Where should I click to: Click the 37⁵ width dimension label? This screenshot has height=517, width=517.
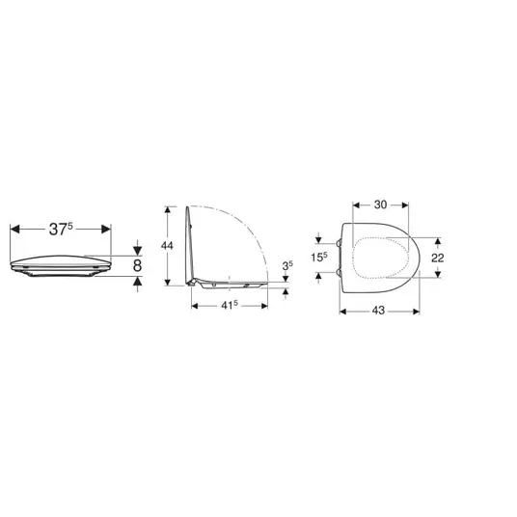[61, 229]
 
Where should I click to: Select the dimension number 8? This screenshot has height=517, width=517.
[138, 266]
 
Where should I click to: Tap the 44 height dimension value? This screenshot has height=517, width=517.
[167, 246]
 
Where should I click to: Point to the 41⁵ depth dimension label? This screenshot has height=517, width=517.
[230, 306]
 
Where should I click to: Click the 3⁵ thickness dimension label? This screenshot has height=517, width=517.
[287, 265]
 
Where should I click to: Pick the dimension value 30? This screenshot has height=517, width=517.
[380, 204]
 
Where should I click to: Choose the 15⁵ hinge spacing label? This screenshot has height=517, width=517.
[319, 257]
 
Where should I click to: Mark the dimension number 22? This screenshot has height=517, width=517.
[438, 258]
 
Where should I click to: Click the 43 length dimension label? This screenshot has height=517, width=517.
[378, 311]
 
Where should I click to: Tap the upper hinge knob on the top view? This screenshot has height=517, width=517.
[339, 243]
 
